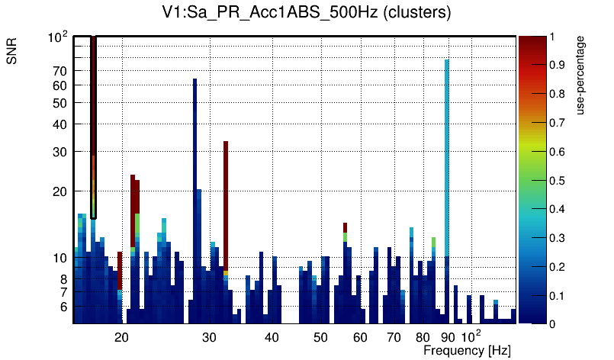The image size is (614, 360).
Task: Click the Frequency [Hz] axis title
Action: coord(467,350)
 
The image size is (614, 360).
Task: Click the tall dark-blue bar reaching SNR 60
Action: coord(195,191)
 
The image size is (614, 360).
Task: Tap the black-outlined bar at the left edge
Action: coord(93,126)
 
